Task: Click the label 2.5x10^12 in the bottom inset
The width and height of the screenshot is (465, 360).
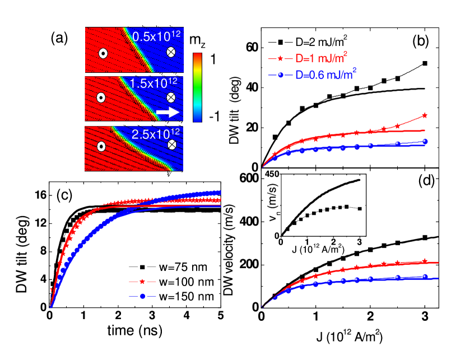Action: (x=156, y=134)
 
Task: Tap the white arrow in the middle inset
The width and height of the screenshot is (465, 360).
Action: (x=168, y=113)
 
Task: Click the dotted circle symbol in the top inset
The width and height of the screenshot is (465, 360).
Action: (x=103, y=53)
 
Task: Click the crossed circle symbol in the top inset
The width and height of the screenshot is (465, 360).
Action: (x=171, y=52)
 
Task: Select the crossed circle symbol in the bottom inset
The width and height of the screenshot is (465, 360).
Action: (x=172, y=144)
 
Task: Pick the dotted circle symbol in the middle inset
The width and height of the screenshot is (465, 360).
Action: (x=101, y=97)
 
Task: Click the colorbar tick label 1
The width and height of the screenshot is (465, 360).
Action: (x=212, y=59)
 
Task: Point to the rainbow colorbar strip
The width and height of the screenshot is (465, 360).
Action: (x=197, y=87)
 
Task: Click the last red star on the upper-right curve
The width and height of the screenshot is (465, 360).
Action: (x=425, y=115)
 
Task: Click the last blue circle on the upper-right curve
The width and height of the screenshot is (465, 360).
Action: (x=425, y=141)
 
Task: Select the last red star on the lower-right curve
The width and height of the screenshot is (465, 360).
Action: (x=425, y=261)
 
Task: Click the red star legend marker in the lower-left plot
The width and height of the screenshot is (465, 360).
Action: (x=142, y=281)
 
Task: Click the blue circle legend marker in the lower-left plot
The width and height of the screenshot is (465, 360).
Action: (x=142, y=296)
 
